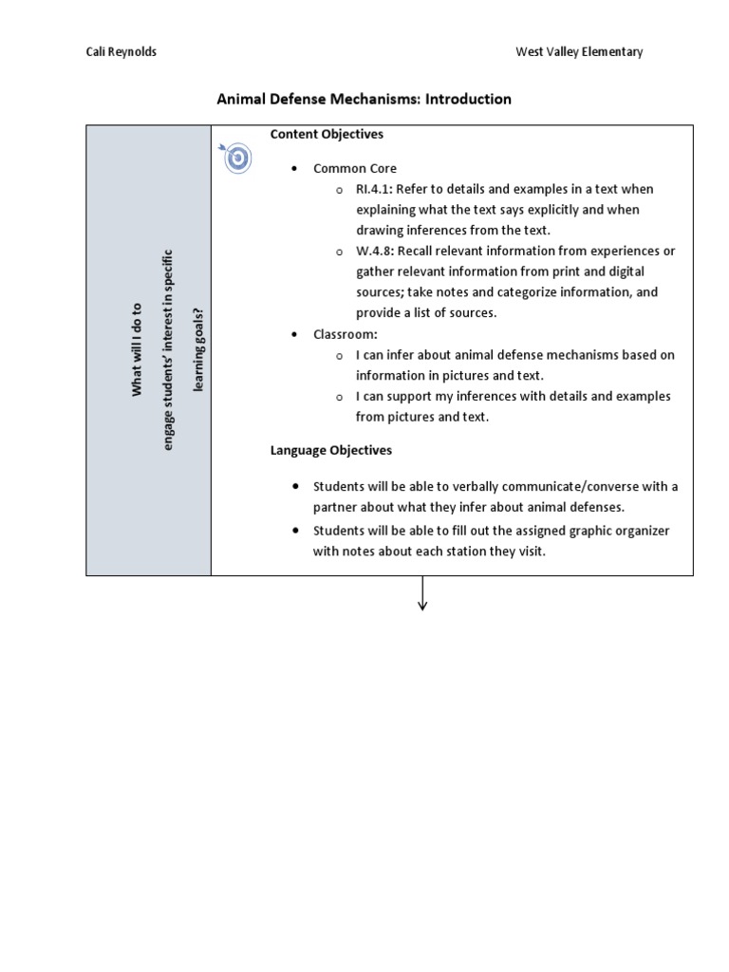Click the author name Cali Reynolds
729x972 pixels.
tap(121, 52)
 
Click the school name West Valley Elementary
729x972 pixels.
tap(579, 52)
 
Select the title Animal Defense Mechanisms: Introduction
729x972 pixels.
tap(364, 99)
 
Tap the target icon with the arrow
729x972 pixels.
tap(236, 158)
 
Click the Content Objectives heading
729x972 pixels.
tap(327, 134)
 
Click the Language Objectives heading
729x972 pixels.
tap(330, 450)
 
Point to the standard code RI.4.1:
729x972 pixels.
tap(376, 189)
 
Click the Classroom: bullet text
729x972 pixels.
tap(346, 334)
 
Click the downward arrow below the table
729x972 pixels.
tap(422, 595)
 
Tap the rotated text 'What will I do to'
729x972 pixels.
tap(137, 350)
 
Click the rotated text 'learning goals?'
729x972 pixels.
tap(198, 350)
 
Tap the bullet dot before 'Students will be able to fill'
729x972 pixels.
tap(296, 530)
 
